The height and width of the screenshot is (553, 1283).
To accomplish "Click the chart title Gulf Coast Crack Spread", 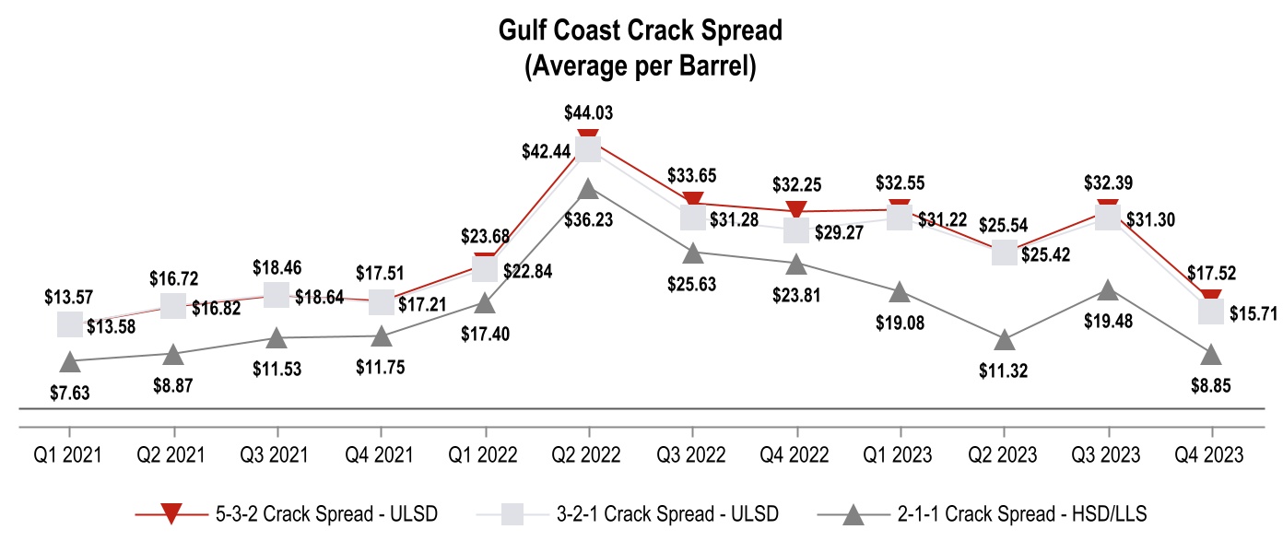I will [x=640, y=30].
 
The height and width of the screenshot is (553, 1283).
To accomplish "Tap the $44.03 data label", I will [x=587, y=113].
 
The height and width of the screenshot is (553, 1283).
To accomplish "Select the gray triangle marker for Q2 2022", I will [x=588, y=189].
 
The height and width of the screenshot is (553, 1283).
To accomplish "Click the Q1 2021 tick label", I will [x=68, y=454].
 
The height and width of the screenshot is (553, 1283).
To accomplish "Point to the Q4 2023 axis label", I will [x=1211, y=454].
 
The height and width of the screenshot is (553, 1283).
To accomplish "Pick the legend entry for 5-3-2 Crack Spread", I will [x=287, y=514].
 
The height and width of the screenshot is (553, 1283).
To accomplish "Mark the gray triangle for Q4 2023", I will [x=1211, y=354].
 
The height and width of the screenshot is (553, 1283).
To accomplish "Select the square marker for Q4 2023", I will [x=1211, y=312].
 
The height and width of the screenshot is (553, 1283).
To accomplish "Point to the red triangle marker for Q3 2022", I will [x=694, y=202].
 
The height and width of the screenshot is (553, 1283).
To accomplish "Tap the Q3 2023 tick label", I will [x=1107, y=454].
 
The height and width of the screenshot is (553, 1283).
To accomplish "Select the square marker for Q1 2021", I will [x=68, y=324].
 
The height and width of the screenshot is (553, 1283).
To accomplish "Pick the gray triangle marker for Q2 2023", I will [x=1005, y=340].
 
